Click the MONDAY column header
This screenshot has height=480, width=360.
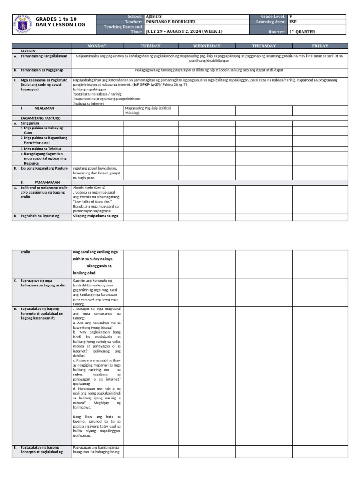click(x=97, y=46)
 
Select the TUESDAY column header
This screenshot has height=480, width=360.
click(x=150, y=46)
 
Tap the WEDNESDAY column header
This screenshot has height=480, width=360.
click(x=207, y=46)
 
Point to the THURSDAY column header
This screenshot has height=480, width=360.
click(x=264, y=46)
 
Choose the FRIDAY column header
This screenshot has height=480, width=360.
click(x=320, y=46)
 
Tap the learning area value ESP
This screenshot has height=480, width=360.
click(x=293, y=22)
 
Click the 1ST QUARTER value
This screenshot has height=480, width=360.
click(x=302, y=31)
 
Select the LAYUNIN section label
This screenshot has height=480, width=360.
click(x=29, y=50)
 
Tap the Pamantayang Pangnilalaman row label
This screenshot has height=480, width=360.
click(x=44, y=56)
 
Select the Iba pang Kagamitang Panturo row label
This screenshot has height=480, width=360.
click(x=44, y=168)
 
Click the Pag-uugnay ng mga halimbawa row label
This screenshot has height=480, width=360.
click(x=42, y=283)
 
